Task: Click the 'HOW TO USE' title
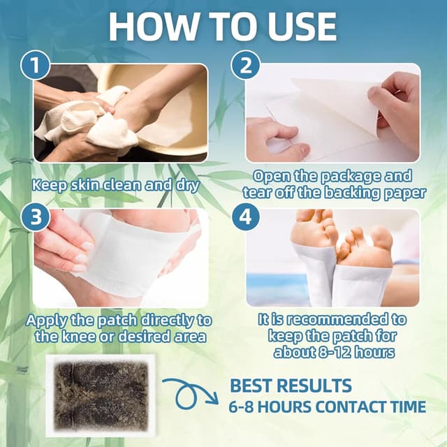point(223,27)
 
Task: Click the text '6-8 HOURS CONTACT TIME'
point(327,406)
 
